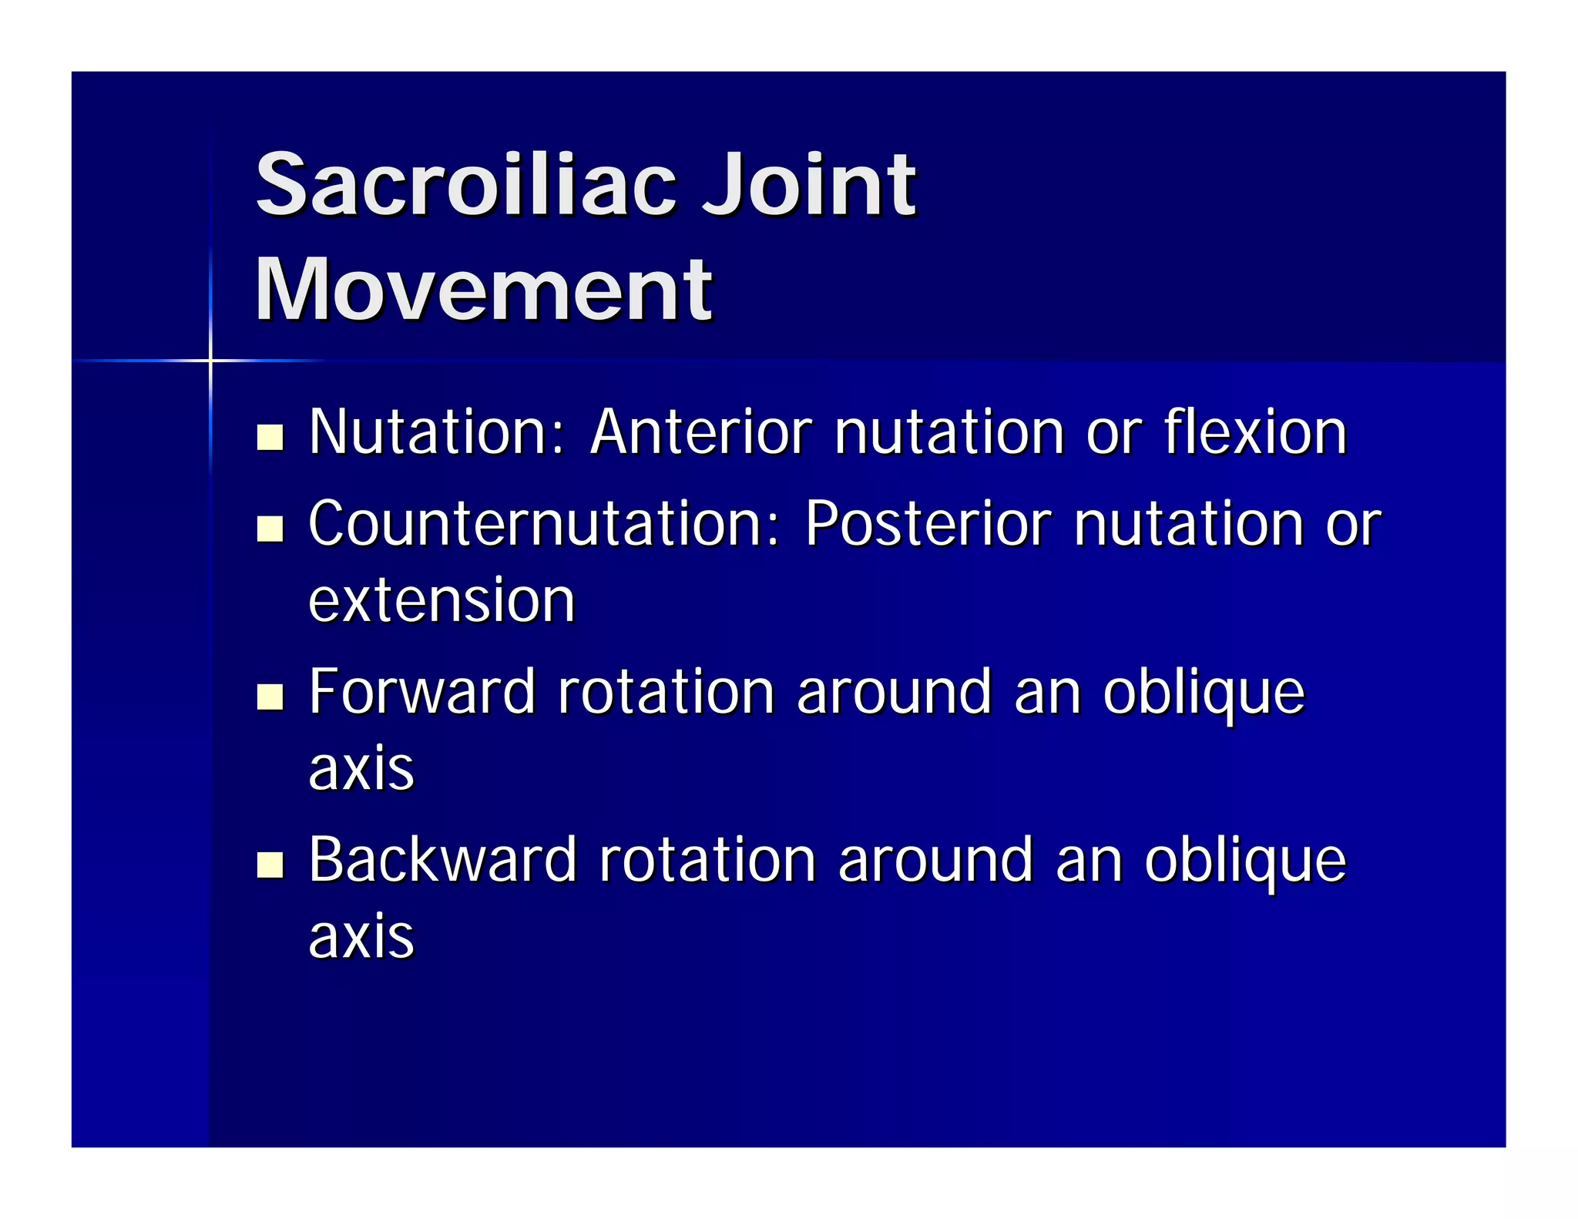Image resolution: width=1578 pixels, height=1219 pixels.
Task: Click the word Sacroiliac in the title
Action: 466,185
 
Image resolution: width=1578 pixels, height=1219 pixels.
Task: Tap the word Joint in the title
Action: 809,185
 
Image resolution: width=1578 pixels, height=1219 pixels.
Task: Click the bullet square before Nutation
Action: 270,437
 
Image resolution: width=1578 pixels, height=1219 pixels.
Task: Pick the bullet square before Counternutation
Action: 270,529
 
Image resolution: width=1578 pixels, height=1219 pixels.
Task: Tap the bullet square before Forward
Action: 270,696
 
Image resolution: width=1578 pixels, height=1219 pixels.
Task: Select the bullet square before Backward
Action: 270,865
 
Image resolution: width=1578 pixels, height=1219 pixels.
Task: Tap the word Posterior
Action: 928,524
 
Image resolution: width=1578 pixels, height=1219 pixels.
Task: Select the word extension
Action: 442,600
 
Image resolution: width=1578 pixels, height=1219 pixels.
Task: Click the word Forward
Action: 421,691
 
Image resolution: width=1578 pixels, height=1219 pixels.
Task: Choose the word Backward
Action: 442,860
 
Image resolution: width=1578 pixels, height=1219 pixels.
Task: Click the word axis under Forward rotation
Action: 361,768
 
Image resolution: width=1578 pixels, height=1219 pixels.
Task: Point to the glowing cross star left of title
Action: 210,360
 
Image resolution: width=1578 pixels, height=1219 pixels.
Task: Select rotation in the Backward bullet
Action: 707,860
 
